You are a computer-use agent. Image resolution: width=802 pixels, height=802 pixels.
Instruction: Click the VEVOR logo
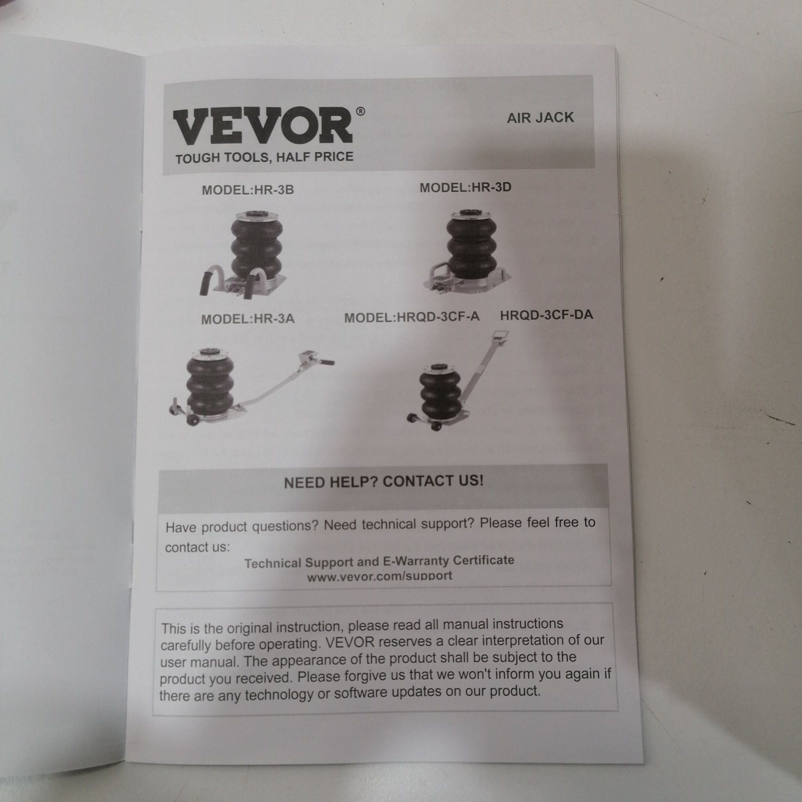click(262, 126)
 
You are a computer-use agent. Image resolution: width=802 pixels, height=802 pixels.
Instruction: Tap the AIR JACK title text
click(540, 118)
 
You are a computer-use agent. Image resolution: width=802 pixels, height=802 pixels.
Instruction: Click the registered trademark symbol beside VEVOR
click(361, 111)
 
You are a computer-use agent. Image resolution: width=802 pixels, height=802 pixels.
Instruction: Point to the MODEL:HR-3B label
click(248, 190)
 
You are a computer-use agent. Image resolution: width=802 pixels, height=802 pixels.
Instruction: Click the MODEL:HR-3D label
click(465, 187)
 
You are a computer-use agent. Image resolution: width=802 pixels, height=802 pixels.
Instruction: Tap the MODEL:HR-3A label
click(248, 319)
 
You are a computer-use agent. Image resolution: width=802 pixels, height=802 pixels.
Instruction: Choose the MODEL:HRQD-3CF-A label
click(412, 317)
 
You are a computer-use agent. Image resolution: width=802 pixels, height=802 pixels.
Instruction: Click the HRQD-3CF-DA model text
click(546, 315)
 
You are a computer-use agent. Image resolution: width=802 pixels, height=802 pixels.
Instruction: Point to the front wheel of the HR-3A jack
click(192, 420)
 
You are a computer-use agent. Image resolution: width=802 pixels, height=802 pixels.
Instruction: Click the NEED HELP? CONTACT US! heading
click(384, 482)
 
